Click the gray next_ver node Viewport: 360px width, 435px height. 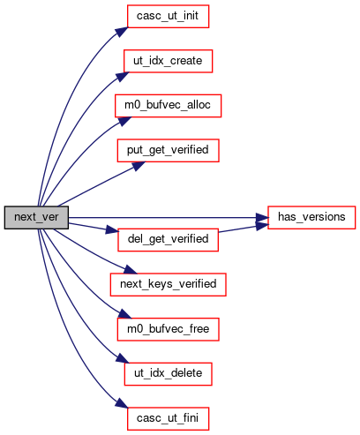tap(36, 217)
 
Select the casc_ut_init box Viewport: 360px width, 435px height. tap(168, 16)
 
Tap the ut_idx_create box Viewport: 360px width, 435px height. tap(168, 61)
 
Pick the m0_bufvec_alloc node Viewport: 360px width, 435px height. tap(168, 106)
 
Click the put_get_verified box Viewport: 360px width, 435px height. tap(168, 150)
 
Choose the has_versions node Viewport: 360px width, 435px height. tap(311, 217)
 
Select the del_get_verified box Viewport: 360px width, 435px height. tap(168, 240)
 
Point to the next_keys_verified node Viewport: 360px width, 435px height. tap(168, 284)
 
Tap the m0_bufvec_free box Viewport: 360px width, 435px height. tap(168, 329)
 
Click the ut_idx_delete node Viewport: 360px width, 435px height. tap(168, 374)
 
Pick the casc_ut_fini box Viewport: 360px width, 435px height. tap(168, 418)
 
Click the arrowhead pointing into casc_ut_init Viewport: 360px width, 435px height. tap(122, 32)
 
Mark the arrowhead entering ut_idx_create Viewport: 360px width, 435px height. tap(122, 76)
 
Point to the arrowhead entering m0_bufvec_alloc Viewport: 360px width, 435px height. tap(123, 121)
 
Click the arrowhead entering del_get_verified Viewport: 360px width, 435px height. tap(112, 230)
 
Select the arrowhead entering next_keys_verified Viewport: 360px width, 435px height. tap(130, 269)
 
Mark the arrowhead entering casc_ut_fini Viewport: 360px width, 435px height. tap(122, 403)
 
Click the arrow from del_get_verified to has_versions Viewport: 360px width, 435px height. tap(244, 229)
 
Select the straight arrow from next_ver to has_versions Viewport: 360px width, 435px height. tap(169, 218)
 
